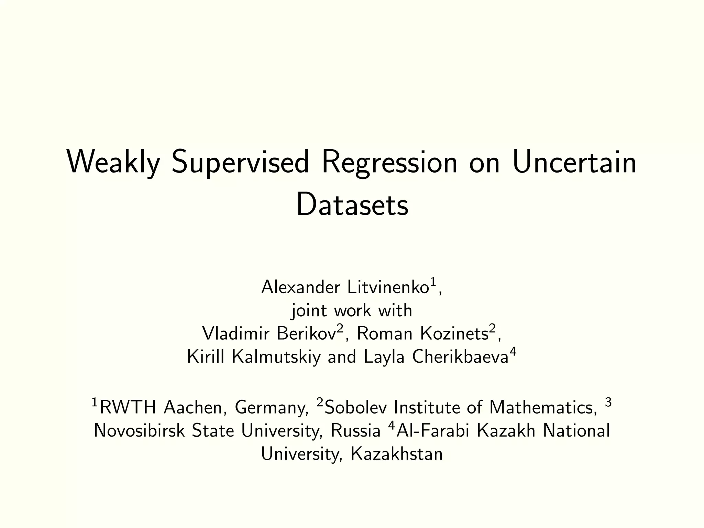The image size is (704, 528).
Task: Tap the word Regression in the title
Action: coord(389,163)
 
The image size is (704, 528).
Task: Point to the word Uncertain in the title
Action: coord(574,163)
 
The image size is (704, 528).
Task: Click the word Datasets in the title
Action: coord(352,206)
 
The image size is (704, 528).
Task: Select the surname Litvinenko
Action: coord(388,287)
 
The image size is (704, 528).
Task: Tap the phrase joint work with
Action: coord(352,311)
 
